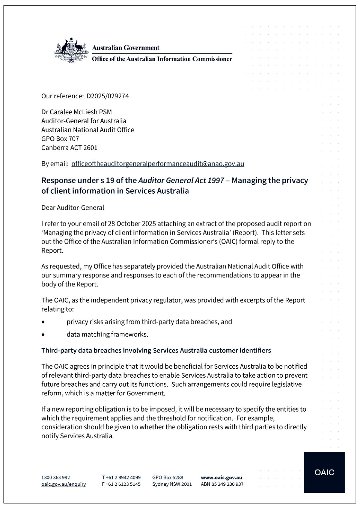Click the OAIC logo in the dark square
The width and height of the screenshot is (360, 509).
[324, 472]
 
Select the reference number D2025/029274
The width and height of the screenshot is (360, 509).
[108, 96]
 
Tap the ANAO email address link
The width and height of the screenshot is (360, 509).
[158, 164]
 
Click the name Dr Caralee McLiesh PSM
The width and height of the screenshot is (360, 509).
[77, 112]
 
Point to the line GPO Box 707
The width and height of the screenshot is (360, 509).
[60, 139]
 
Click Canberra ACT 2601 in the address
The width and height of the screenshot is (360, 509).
[69, 148]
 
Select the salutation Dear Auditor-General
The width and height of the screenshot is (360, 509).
[73, 208]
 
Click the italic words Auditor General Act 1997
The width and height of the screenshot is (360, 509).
[181, 181]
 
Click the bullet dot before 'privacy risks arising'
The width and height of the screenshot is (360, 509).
[44, 322]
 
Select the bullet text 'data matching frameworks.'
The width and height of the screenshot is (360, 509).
[107, 334]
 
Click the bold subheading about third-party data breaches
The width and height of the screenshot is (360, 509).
[156, 351]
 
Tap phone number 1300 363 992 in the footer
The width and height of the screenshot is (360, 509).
[56, 478]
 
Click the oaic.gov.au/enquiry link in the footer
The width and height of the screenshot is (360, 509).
[63, 484]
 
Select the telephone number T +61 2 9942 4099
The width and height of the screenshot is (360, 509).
[121, 478]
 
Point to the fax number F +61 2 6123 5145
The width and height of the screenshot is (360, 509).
[121, 484]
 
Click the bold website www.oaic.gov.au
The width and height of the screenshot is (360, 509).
[221, 478]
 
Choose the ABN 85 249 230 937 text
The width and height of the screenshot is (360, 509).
[222, 484]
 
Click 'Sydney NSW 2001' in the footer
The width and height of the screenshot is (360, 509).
[172, 484]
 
